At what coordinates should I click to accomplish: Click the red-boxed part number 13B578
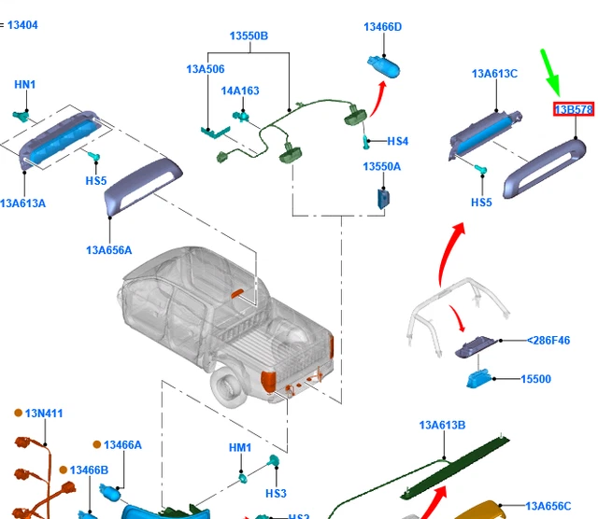tap(574, 109)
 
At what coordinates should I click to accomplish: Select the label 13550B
tap(249, 36)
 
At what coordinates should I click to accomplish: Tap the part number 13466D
tap(382, 27)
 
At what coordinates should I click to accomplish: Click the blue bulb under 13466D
tap(385, 68)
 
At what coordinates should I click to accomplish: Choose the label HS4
tap(397, 142)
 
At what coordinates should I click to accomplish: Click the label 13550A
tap(381, 166)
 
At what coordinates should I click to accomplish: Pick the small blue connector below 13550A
tap(383, 199)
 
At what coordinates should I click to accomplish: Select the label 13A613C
tap(494, 74)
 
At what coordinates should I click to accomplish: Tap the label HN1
tap(24, 85)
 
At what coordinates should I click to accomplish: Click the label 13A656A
tap(108, 250)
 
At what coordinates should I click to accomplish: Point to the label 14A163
tap(240, 91)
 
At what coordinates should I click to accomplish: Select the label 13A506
tap(205, 69)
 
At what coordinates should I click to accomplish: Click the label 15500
tap(535, 379)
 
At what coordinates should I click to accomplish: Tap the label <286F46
tap(548, 342)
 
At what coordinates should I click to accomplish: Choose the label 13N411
tap(44, 413)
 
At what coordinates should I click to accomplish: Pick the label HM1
tap(240, 448)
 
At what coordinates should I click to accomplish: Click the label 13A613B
tap(442, 426)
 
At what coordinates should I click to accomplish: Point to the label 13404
tap(22, 25)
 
